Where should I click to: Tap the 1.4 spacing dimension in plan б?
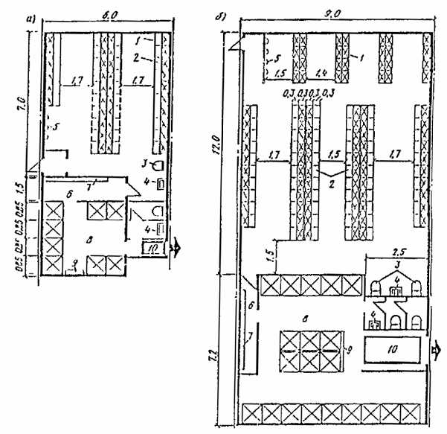click(x=322, y=72)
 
